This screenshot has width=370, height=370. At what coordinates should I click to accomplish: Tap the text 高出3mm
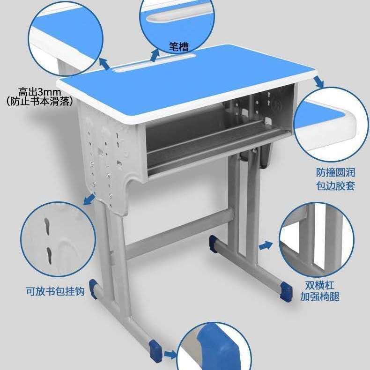point(40,92)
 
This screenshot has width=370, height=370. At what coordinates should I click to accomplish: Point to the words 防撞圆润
point(335,173)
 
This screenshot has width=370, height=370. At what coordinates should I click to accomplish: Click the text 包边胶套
point(335,186)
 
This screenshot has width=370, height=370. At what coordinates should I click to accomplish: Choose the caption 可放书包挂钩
point(55,291)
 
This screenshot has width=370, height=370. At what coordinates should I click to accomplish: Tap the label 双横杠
point(320,285)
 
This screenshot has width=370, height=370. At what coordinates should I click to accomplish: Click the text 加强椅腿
point(320,296)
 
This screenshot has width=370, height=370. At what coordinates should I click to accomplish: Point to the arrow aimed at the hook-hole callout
point(88,200)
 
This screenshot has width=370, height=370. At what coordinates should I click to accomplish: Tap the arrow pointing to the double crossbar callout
point(266,245)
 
